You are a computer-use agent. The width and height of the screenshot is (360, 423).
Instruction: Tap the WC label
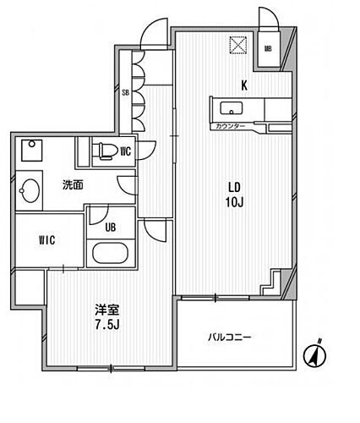tap(125, 152)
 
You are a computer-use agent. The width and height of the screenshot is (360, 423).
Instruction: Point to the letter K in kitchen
tap(244, 85)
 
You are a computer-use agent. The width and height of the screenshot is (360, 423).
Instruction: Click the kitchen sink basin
tap(231, 107)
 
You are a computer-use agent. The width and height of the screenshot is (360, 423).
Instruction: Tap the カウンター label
tap(230, 125)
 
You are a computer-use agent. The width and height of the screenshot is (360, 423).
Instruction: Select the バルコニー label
tap(230, 338)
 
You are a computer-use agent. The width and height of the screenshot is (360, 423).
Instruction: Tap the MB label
tap(269, 49)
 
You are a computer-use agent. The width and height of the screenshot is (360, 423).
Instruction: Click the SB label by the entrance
tap(125, 92)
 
